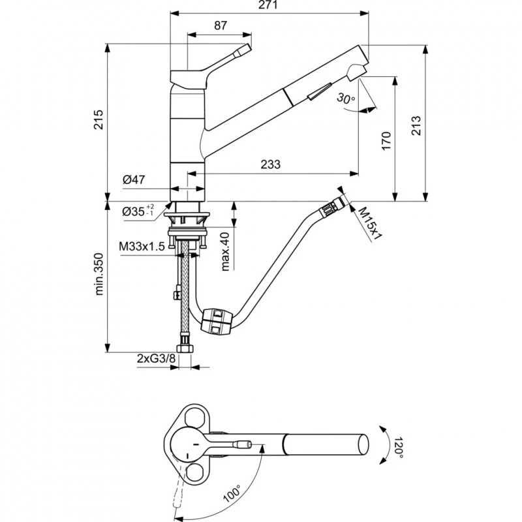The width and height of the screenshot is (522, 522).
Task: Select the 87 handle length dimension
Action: [221, 26]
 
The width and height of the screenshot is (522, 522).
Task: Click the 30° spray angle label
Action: [346, 99]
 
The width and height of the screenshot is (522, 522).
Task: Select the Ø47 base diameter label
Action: [133, 181]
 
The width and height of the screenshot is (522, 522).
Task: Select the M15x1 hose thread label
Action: [369, 223]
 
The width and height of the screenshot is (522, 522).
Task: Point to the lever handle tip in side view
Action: [245, 48]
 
